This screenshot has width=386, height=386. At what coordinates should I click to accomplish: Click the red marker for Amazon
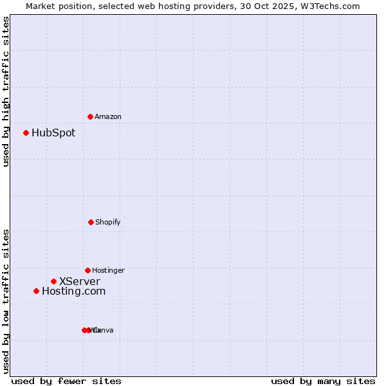click(90, 116)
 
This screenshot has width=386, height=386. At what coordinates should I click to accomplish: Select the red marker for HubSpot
click(26, 133)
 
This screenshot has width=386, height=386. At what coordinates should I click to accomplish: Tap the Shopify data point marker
click(91, 222)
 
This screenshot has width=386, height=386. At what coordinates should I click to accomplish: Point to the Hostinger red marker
click(87, 270)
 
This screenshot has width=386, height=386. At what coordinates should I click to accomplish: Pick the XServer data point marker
click(53, 281)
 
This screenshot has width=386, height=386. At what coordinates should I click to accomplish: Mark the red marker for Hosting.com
click(36, 291)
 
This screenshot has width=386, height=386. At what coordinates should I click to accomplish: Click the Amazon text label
click(108, 116)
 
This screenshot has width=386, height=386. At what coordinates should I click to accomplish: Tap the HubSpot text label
click(53, 133)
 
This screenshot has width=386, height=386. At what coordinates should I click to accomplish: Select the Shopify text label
click(108, 222)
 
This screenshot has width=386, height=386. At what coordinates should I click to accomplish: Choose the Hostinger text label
click(108, 270)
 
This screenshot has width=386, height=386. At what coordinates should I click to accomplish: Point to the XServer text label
click(80, 281)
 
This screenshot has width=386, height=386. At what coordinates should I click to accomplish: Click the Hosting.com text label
click(73, 291)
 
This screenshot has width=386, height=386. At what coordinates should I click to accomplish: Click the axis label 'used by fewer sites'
click(66, 381)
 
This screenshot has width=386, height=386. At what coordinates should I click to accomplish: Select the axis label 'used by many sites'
click(323, 381)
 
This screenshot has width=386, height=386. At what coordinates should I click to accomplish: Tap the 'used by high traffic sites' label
click(6, 91)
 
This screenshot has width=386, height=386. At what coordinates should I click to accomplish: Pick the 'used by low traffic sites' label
click(6, 301)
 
